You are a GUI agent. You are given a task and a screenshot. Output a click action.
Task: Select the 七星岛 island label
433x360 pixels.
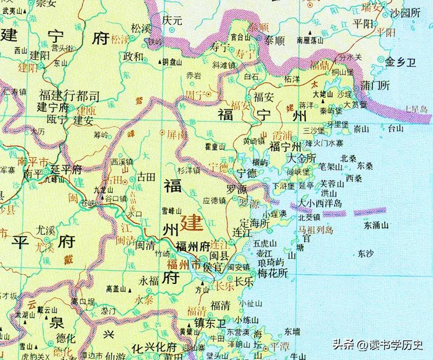417,110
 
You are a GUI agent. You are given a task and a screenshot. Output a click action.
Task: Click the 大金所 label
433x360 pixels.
303,158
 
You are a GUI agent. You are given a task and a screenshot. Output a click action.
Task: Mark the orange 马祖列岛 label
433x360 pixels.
315,229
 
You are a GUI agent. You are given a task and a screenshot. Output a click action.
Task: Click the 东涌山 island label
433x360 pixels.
380,226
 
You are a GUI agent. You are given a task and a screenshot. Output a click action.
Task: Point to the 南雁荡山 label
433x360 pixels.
311,40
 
